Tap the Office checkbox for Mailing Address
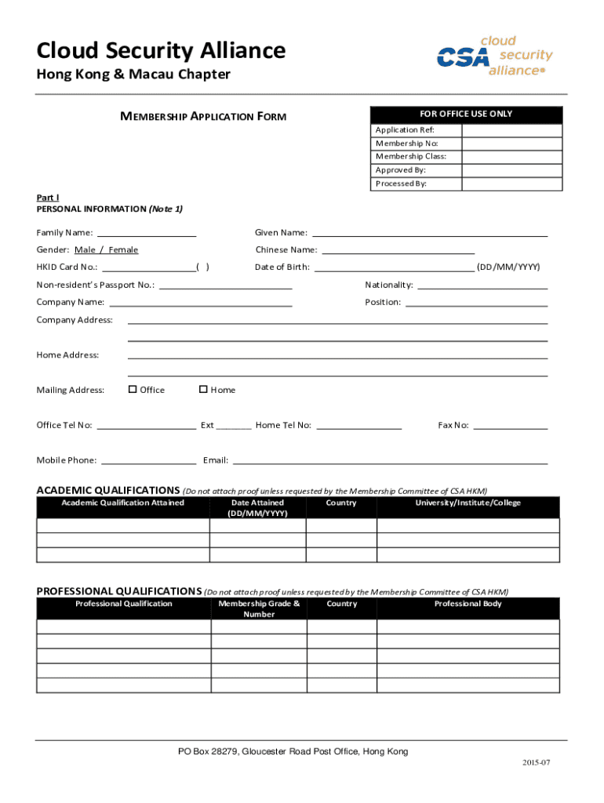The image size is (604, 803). (x=133, y=389)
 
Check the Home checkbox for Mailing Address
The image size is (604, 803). (x=203, y=389)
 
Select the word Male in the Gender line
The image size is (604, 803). (x=86, y=250)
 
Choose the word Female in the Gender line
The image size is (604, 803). (x=123, y=250)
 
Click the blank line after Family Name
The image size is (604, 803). (x=146, y=234)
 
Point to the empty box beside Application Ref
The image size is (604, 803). (x=511, y=130)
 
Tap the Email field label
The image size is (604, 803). (x=215, y=460)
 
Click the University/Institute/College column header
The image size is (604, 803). (x=468, y=503)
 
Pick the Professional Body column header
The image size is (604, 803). (x=468, y=605)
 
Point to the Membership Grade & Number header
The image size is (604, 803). (x=259, y=609)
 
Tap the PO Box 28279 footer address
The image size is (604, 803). (x=293, y=752)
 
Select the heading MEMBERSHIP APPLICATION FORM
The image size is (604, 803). (x=202, y=117)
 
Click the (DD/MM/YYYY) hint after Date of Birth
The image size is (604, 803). (x=508, y=267)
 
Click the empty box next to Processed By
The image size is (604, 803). (x=511, y=183)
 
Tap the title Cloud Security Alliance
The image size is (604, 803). (x=161, y=51)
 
